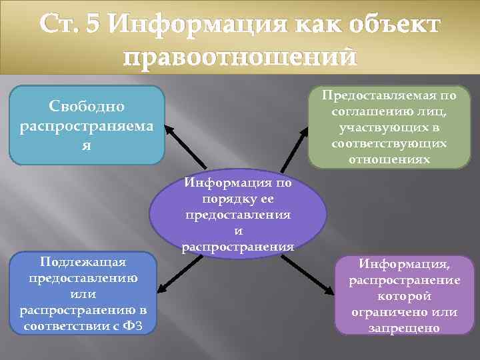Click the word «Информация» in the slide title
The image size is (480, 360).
(190, 25)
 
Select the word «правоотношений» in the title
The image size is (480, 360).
(240, 58)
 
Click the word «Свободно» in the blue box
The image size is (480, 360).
(87, 107)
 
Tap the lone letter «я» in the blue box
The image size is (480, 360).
(87, 144)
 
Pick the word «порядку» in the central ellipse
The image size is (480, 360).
(237, 199)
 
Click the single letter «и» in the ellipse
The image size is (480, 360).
(238, 231)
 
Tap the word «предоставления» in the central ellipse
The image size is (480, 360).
(238, 215)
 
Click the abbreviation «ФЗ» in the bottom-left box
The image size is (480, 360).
(134, 326)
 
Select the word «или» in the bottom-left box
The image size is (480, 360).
(83, 294)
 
